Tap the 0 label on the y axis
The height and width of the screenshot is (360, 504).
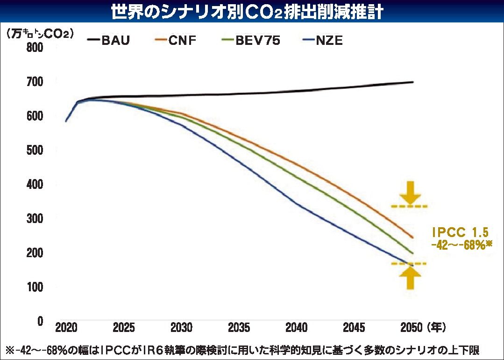[40, 321]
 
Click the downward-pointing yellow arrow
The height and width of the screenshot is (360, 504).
[410, 193]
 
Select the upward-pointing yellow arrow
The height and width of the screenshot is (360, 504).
[410, 278]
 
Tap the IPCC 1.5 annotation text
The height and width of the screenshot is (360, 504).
[460, 232]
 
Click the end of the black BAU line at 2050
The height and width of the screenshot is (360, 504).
[413, 82]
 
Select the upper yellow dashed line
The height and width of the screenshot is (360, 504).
[409, 206]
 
